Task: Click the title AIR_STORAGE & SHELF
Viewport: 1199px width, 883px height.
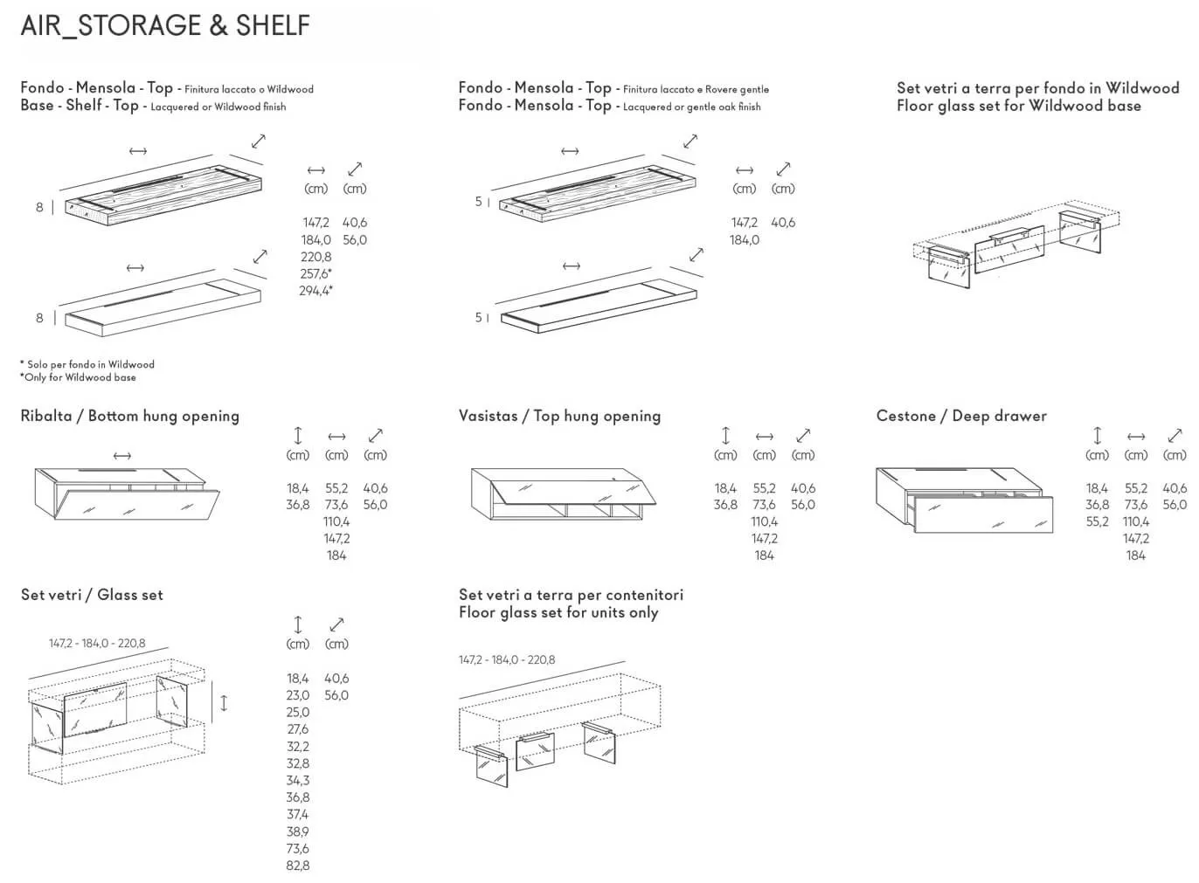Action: [165, 25]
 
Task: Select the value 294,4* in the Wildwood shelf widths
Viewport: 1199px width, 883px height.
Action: [315, 291]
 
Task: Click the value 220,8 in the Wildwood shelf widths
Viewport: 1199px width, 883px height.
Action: [315, 257]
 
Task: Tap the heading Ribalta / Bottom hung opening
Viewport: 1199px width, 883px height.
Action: [129, 416]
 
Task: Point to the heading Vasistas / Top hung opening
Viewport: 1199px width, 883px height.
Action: [559, 416]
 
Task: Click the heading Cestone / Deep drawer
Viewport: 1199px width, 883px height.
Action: [961, 416]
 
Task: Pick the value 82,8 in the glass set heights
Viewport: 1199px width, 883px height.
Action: [297, 866]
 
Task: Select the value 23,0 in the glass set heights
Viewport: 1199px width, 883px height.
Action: [297, 695]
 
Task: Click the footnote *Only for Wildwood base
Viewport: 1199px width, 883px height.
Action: [78, 377]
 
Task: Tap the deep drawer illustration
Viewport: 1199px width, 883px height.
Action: [964, 500]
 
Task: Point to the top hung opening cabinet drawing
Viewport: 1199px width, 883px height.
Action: [563, 494]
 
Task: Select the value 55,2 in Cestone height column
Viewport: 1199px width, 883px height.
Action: [1097, 521]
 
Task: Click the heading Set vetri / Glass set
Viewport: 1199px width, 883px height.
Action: [92, 595]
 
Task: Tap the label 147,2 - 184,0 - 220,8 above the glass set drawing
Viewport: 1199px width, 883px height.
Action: [97, 644]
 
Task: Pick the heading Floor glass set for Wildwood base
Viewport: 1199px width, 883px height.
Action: [1018, 106]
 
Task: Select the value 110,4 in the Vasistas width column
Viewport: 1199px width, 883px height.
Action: [764, 521]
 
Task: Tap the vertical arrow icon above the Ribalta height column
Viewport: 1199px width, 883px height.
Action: [297, 435]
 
